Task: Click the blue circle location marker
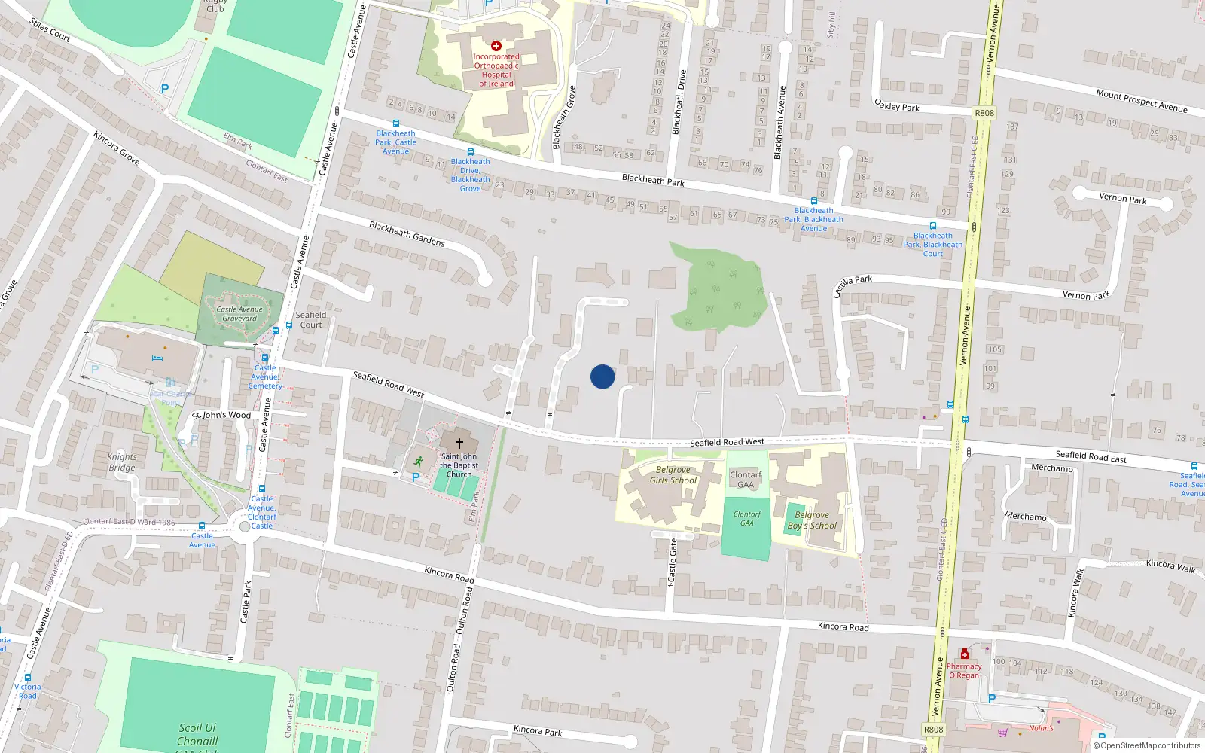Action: [x=602, y=376]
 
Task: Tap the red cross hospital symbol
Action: [x=496, y=46]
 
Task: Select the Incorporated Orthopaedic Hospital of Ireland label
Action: [x=496, y=70]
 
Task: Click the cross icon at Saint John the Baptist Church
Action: [x=459, y=443]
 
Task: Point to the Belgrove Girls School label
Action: [x=673, y=475]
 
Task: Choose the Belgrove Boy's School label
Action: [x=812, y=520]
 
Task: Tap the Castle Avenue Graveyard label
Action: [x=239, y=314]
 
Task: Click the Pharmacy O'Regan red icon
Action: [x=964, y=654]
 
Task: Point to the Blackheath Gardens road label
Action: [x=407, y=233]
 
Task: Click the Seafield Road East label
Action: [x=1091, y=456]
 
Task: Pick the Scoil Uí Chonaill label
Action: [x=197, y=734]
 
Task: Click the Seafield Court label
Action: [x=311, y=320]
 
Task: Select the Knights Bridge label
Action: [x=122, y=462]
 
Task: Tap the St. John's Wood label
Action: [x=221, y=415]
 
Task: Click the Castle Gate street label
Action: [x=673, y=559]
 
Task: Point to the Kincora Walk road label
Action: [x=1170, y=566]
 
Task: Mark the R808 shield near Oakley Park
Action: [x=984, y=113]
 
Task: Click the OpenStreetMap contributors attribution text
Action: [x=1147, y=745]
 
